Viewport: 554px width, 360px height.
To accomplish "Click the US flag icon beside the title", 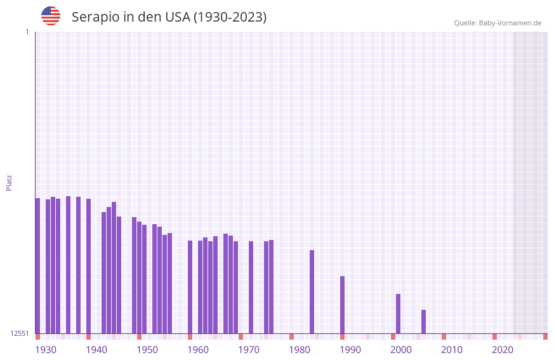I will [x=51, y=16].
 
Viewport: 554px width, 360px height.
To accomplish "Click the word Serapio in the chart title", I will [x=95, y=17].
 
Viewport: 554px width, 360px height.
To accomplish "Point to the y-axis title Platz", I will [x=9, y=182].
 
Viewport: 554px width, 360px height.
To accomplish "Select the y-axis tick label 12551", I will [x=20, y=333].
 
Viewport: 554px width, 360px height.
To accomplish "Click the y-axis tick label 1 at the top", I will [x=27, y=32].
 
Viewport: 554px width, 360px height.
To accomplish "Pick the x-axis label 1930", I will [x=46, y=350].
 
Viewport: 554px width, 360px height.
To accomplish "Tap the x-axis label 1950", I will [x=147, y=350].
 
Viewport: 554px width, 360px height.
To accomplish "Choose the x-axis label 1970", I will [x=249, y=350].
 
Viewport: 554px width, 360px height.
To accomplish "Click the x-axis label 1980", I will [x=300, y=350].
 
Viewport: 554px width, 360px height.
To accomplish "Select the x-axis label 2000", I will [x=401, y=350].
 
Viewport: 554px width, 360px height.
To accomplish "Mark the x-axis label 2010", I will [x=452, y=350].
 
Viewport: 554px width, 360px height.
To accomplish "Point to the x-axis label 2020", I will [x=503, y=350].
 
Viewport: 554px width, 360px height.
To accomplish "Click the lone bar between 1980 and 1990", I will [x=312, y=291].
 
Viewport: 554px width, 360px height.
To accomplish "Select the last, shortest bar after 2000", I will [x=423, y=321].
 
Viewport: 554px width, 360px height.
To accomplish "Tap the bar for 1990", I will [x=342, y=305].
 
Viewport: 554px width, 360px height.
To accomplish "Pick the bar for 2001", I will [x=398, y=314].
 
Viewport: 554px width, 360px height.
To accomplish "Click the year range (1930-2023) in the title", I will [x=230, y=17].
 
